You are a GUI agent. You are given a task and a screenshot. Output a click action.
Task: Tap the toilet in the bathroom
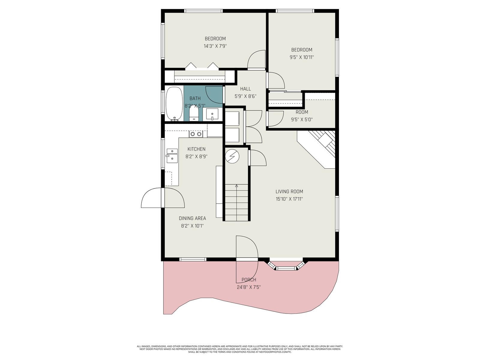(x=194, y=114)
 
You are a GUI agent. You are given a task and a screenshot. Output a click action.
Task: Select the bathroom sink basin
(x=212, y=114)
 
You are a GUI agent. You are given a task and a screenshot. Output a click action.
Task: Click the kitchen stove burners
(x=196, y=134)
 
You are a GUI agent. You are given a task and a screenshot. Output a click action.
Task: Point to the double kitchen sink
(x=172, y=156)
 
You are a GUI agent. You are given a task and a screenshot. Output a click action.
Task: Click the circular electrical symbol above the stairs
(x=232, y=156)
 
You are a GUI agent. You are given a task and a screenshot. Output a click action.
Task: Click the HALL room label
(x=245, y=89)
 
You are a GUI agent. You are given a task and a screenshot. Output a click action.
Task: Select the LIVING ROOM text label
(x=289, y=191)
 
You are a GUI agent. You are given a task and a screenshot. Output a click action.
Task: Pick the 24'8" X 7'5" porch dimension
(x=249, y=287)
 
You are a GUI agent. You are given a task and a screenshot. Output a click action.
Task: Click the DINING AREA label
(x=192, y=218)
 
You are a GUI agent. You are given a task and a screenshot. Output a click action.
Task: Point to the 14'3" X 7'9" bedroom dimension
(x=215, y=46)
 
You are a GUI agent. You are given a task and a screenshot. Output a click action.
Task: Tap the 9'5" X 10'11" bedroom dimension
(x=302, y=57)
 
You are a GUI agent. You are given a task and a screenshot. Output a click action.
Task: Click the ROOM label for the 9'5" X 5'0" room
(x=302, y=112)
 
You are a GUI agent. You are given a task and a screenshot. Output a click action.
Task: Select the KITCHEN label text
(x=196, y=149)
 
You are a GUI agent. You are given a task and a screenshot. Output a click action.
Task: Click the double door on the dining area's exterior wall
(x=163, y=198)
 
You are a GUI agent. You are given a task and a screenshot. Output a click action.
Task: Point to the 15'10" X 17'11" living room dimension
(x=289, y=199)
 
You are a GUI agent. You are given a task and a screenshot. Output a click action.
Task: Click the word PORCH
(x=249, y=280)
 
